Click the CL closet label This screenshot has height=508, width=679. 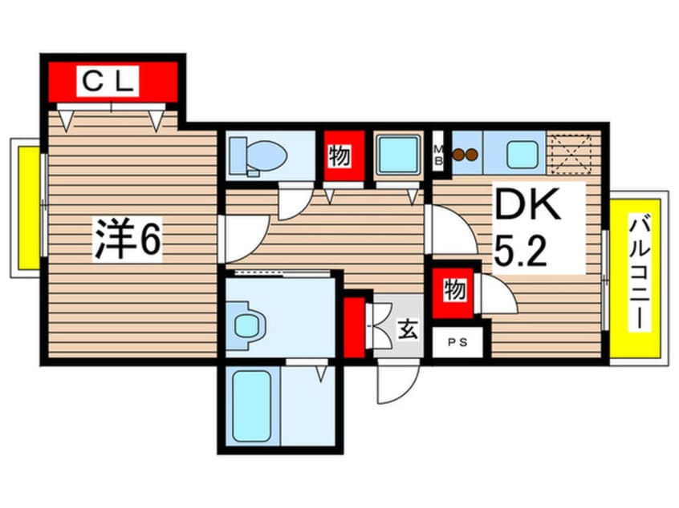click(x=108, y=81)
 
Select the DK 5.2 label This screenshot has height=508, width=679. click(x=527, y=228)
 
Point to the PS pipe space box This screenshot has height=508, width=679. click(x=457, y=342)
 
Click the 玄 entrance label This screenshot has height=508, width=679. click(x=408, y=330)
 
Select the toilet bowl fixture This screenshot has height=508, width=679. click(x=258, y=155)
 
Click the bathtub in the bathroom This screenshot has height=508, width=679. click(x=252, y=406)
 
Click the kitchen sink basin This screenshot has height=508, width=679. click(x=522, y=155)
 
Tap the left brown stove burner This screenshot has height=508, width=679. click(x=457, y=155)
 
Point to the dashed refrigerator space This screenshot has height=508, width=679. click(x=569, y=154)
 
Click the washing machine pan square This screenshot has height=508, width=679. click(x=398, y=155)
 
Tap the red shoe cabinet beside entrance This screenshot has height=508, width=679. click(x=354, y=327)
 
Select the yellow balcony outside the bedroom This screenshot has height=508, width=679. click(x=29, y=208)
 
